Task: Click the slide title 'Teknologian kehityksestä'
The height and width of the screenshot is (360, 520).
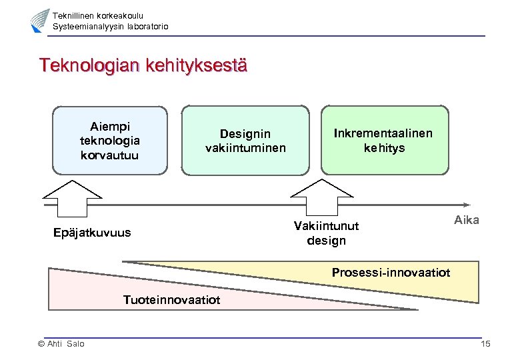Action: click(x=143, y=67)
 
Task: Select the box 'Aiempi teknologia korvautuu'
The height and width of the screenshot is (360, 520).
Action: click(x=109, y=140)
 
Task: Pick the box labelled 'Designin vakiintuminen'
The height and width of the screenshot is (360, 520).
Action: click(x=245, y=140)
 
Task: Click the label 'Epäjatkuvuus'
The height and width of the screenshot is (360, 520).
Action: click(x=92, y=233)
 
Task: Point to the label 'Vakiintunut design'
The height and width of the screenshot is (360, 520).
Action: click(x=326, y=233)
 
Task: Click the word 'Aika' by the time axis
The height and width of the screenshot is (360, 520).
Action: click(x=466, y=220)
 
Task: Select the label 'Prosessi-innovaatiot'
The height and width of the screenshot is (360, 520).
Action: click(x=391, y=273)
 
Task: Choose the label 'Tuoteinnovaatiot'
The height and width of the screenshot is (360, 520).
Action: click(x=171, y=300)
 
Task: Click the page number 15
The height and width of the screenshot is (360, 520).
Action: click(x=485, y=343)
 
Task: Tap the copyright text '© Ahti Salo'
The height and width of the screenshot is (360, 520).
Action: click(x=61, y=343)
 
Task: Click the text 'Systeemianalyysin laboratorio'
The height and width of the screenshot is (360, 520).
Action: click(x=110, y=26)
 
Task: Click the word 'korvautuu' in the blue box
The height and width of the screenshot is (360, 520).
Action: click(x=109, y=155)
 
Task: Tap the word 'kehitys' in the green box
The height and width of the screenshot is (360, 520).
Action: click(x=384, y=147)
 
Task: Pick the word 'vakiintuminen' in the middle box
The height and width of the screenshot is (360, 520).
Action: click(x=245, y=147)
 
